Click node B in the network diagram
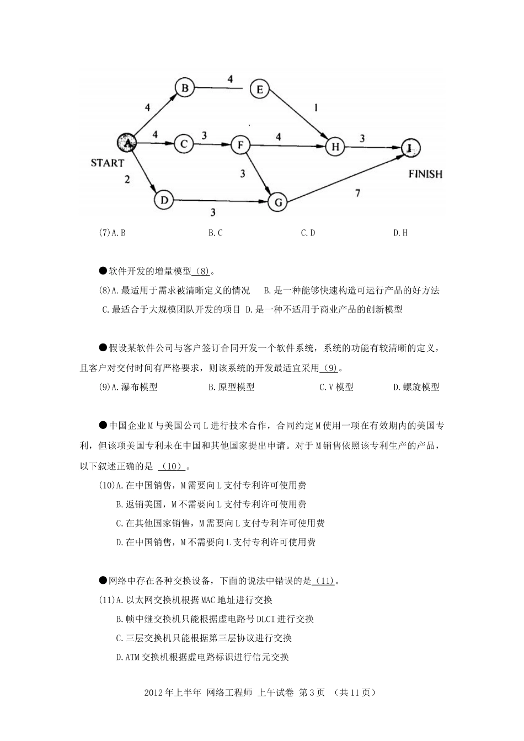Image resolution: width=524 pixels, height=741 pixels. (185, 87)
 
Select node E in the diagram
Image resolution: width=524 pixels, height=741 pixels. (259, 89)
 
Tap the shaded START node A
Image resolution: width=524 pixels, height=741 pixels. (127, 143)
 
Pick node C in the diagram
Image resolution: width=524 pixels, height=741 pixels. (184, 144)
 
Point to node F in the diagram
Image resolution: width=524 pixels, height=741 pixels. (240, 146)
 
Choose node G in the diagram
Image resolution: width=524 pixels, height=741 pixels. (277, 202)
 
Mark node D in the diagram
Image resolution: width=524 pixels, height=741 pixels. (164, 200)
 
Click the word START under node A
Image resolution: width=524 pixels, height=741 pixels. (107, 163)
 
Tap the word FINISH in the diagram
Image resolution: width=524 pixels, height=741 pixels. (425, 174)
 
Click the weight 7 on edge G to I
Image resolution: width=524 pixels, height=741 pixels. (357, 194)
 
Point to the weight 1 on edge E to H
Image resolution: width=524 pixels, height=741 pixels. (316, 108)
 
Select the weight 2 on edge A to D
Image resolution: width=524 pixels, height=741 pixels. (127, 180)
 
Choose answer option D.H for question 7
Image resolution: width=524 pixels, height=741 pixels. (400, 233)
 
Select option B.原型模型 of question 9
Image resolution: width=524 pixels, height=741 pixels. (231, 387)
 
